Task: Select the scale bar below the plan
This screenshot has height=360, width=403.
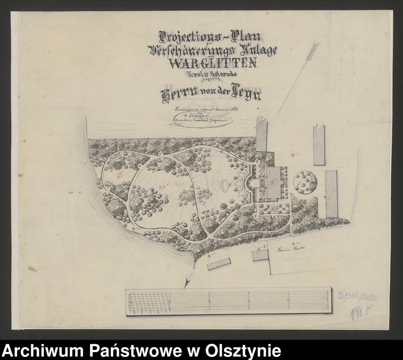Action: tap(228, 302)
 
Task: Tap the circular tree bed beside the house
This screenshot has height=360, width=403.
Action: tap(306, 183)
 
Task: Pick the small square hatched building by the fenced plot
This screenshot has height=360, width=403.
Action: tap(260, 255)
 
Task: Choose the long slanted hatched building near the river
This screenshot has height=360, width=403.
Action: tap(218, 264)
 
